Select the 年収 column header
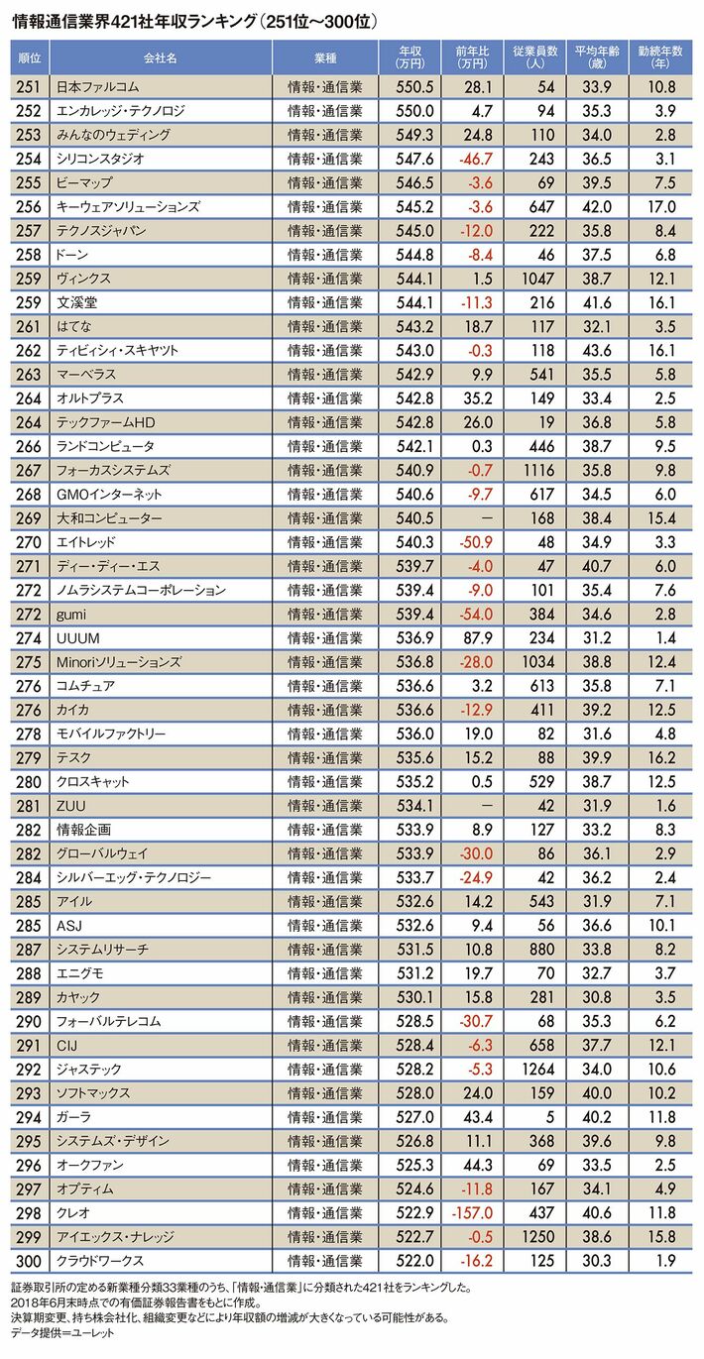pos(410,56)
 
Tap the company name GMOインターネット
pos(109,494)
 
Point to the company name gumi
pos(73,614)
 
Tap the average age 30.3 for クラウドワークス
pos(598,1260)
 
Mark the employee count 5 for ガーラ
pos(547,1116)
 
